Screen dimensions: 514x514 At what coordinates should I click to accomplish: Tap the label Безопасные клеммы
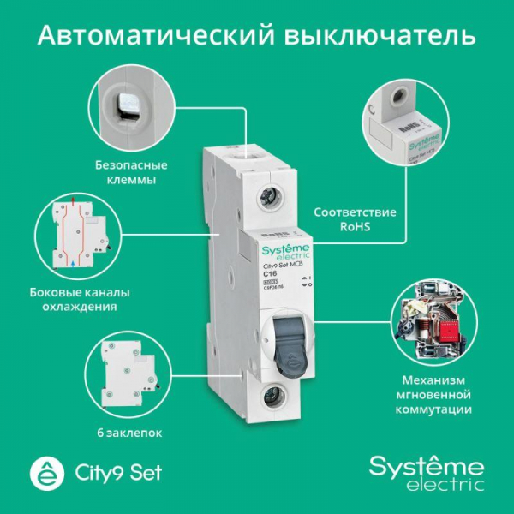coord(131,172)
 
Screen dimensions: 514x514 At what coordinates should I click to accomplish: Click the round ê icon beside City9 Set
coord(40,472)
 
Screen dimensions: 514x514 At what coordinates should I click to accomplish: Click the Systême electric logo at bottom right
coord(426,472)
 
